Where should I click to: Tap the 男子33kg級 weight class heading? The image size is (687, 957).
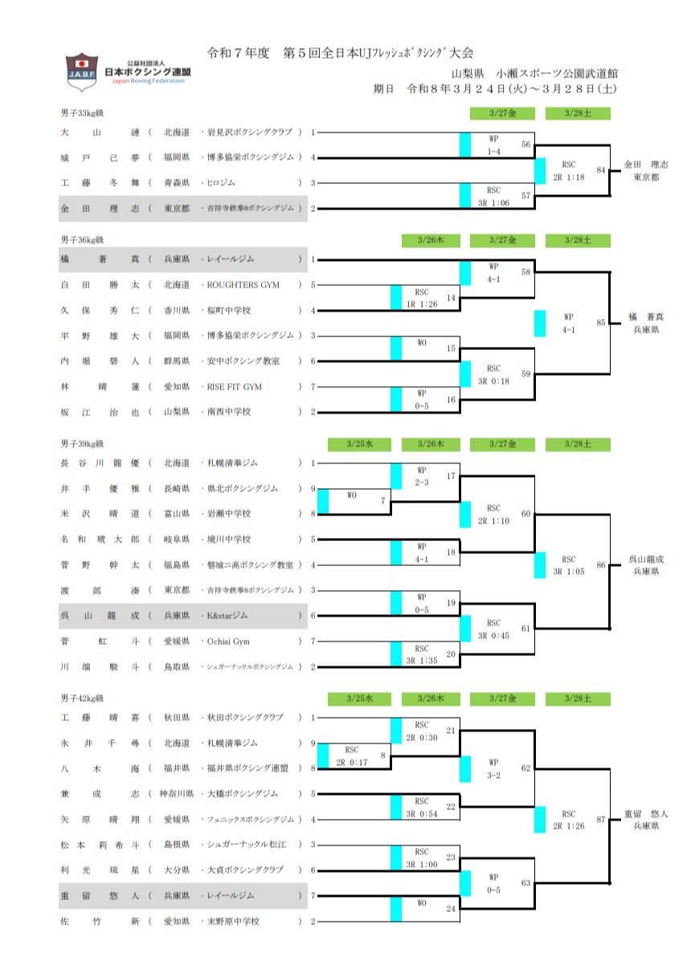[x=82, y=113]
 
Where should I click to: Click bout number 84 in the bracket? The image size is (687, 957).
[x=600, y=170]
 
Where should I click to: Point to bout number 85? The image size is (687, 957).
[x=600, y=324]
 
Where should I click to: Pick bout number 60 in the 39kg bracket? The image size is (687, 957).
[x=525, y=513]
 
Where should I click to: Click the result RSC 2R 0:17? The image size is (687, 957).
[x=352, y=755]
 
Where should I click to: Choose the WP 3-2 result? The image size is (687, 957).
[x=493, y=768]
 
